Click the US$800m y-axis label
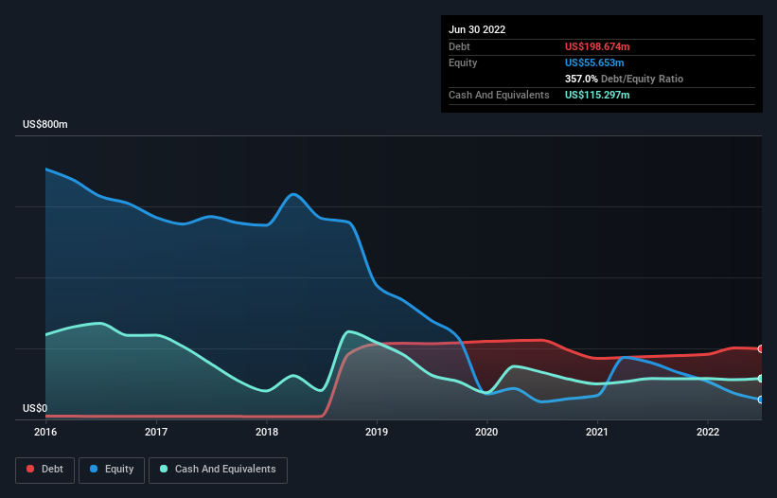pyautogui.click(x=45, y=125)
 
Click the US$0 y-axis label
pyautogui.click(x=34, y=409)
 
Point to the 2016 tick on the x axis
pyautogui.click(x=45, y=432)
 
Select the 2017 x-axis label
pyautogui.click(x=156, y=432)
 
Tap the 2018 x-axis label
pyautogui.click(x=267, y=432)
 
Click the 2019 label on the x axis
pyautogui.click(x=377, y=432)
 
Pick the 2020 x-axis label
pyautogui.click(x=486, y=432)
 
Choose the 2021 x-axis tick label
pyautogui.click(x=597, y=432)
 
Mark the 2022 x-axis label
pyautogui.click(x=707, y=432)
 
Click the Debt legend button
pyautogui.click(x=46, y=470)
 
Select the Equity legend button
pyautogui.click(x=113, y=470)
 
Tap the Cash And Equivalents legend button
pyautogui.click(x=218, y=470)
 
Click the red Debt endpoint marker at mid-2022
pyautogui.click(x=761, y=349)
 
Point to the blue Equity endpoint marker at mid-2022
pyautogui.click(x=761, y=400)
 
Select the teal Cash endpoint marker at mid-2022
pyautogui.click(x=761, y=379)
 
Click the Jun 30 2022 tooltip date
pyautogui.click(x=477, y=29)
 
